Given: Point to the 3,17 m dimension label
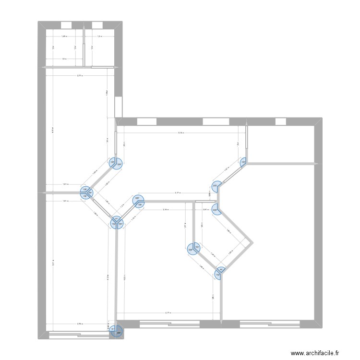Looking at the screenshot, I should tap(177, 193).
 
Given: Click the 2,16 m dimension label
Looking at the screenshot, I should tap(166, 209).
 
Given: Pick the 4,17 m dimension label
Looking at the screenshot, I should tap(168, 313).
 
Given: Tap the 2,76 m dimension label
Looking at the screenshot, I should tap(79, 324).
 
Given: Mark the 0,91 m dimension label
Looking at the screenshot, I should tap(205, 209).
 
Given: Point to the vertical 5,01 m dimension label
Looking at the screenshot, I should tap(52, 262).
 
